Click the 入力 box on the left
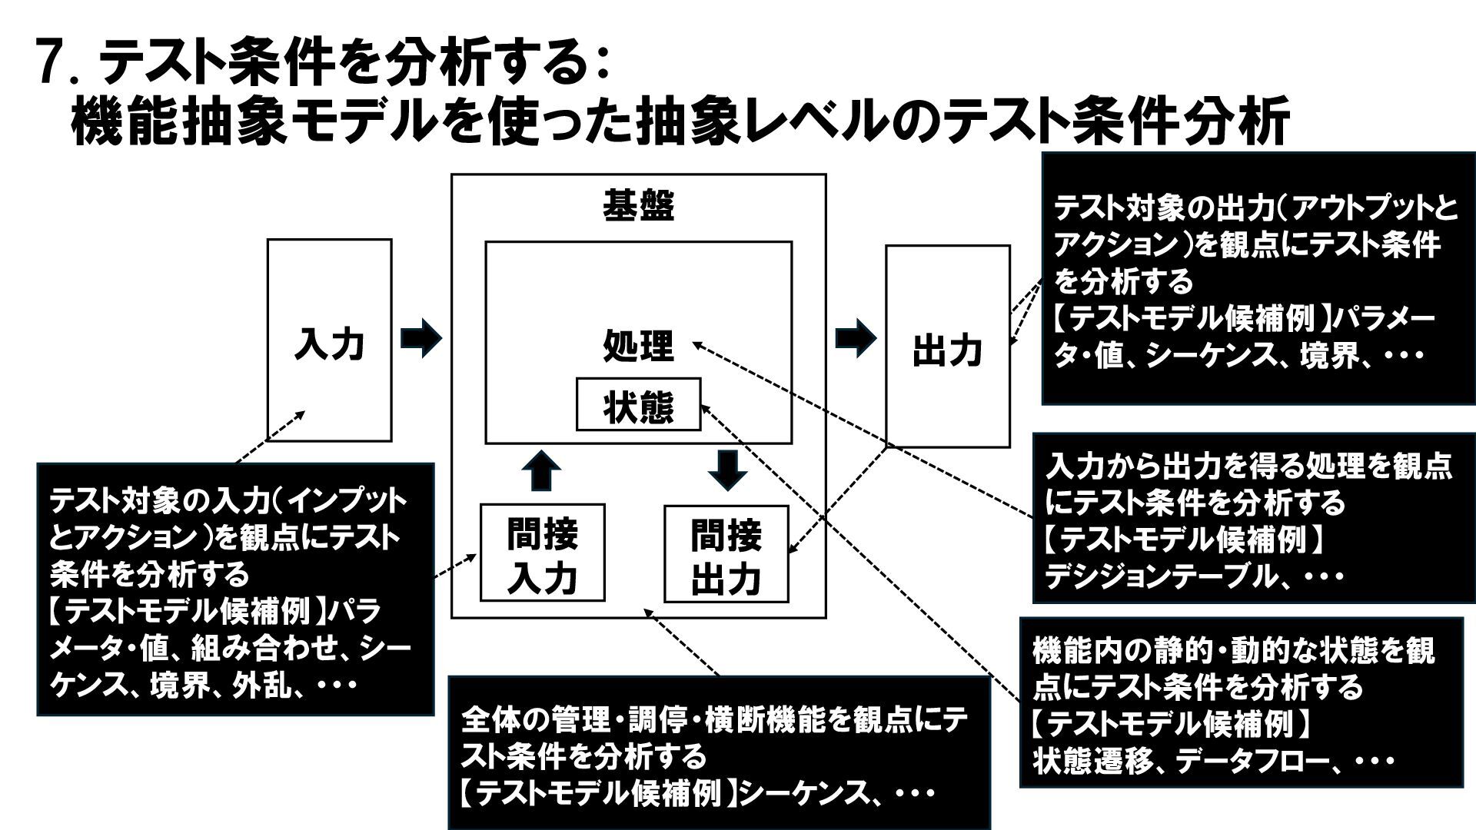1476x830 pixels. (329, 340)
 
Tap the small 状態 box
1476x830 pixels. (638, 405)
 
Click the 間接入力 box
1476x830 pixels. (542, 553)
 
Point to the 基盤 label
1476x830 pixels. (638, 206)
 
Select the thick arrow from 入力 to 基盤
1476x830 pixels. (421, 337)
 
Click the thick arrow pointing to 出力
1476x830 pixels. (855, 337)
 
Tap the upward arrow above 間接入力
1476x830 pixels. (542, 470)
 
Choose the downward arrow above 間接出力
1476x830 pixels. (727, 470)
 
